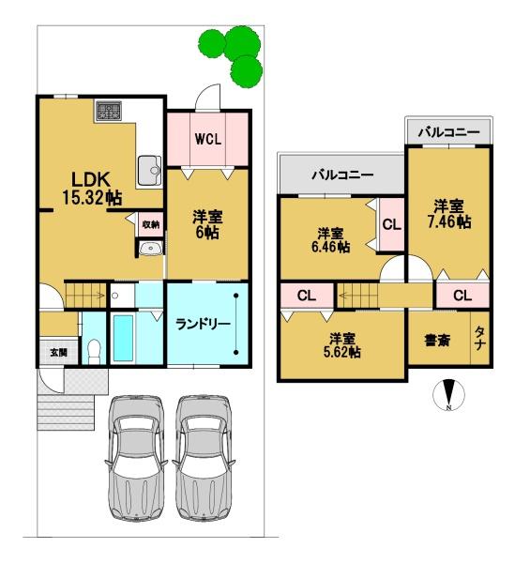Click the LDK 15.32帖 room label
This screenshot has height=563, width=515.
(x=92, y=189)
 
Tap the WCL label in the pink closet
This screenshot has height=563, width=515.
(x=208, y=139)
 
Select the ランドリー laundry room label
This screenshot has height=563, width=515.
(x=203, y=325)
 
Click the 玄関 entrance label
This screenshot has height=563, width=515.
(x=58, y=352)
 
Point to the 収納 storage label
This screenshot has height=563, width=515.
(x=151, y=225)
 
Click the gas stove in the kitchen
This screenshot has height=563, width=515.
(x=109, y=110)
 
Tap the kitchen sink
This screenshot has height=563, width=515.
(x=150, y=171)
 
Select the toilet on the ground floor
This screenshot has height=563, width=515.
(x=94, y=352)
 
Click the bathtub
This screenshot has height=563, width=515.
(x=124, y=338)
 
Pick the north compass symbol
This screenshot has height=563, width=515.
(x=448, y=395)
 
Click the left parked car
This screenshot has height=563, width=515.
(x=136, y=458)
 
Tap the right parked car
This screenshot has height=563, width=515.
(x=204, y=458)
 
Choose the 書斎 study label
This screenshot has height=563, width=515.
(x=437, y=340)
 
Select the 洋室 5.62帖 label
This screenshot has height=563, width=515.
(x=342, y=345)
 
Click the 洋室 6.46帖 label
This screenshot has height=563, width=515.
(x=330, y=240)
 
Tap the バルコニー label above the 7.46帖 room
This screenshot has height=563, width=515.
(x=449, y=132)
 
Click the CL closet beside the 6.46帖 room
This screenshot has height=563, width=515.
(x=391, y=225)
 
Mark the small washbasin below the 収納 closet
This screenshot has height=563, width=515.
(x=151, y=248)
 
